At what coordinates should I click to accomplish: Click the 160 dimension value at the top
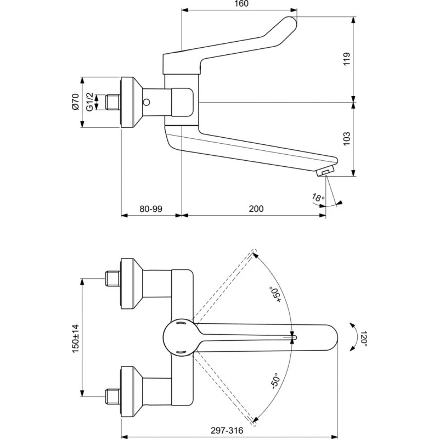[241, 4]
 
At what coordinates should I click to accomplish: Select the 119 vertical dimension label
[347, 59]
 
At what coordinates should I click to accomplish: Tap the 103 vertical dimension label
[347, 139]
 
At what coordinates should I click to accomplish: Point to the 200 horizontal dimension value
[256, 209]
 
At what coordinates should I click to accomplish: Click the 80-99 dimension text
[151, 209]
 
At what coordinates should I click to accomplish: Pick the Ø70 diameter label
[76, 102]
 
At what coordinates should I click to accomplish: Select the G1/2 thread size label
[89, 102]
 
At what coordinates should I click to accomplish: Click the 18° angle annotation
[318, 198]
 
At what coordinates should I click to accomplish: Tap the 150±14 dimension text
[76, 339]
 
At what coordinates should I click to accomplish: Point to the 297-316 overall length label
[227, 430]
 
